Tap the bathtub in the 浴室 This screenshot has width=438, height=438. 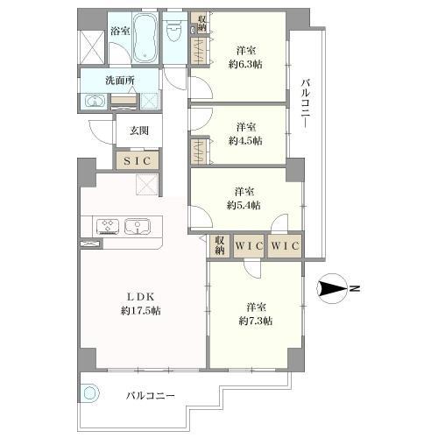145,38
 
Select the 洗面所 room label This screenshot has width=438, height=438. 120,81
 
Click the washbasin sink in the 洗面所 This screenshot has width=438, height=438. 95,101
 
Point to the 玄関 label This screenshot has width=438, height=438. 139,131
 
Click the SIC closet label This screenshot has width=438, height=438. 137,160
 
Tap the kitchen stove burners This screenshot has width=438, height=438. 108,226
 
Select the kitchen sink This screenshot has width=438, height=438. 138,226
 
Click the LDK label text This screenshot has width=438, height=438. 140,297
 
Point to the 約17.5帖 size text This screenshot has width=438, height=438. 140,311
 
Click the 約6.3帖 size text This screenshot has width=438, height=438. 245,64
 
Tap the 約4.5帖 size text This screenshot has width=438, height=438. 245,141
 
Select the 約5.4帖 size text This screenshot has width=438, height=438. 244,205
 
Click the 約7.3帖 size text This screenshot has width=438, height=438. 256,321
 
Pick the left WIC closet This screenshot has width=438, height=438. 249,246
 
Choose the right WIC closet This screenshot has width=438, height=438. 285,246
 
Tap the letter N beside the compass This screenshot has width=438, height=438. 355,288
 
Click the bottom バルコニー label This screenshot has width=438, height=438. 151,396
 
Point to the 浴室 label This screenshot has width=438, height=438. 120,32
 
